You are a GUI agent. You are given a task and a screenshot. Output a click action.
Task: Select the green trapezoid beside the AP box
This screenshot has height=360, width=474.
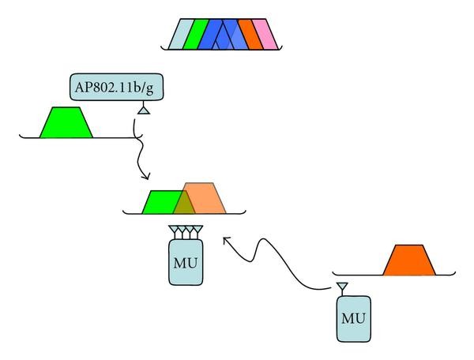[x=67, y=122]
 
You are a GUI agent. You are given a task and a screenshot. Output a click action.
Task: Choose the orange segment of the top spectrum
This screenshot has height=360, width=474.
[x=249, y=35]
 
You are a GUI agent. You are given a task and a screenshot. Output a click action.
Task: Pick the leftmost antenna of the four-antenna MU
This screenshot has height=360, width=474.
[x=174, y=231]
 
